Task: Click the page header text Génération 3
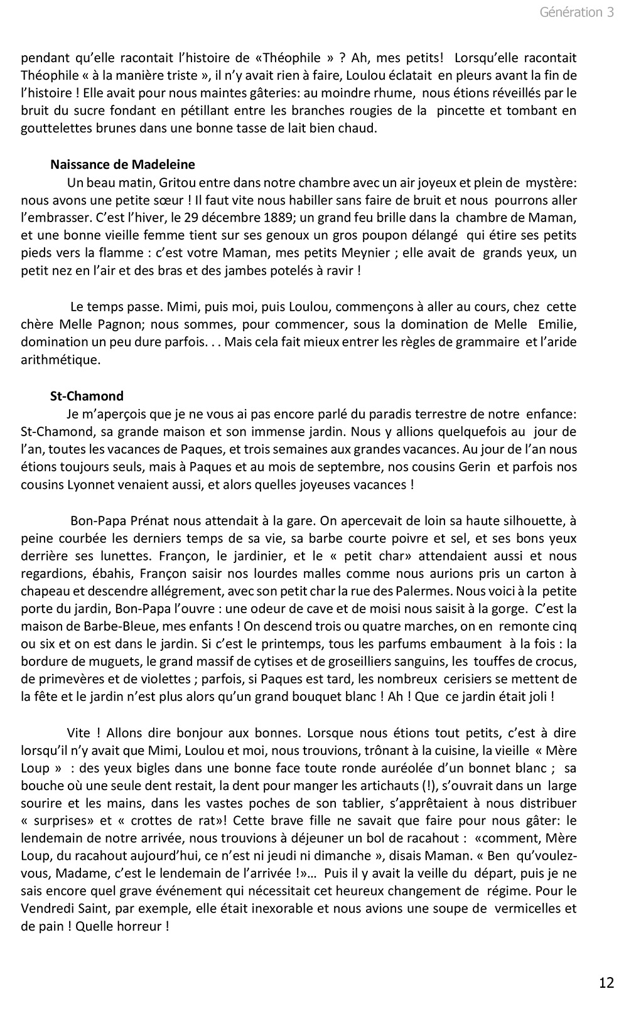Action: click(x=576, y=13)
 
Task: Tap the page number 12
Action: click(x=606, y=982)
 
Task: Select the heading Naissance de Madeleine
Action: click(x=122, y=164)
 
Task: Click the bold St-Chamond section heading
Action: click(x=87, y=396)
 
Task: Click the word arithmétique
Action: click(x=60, y=360)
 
